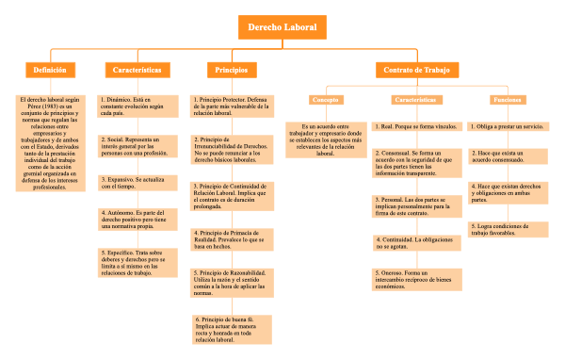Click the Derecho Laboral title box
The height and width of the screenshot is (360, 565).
pos(282,27)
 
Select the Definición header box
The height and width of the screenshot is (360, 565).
pos(50,71)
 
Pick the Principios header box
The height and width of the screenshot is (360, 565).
pos(232,71)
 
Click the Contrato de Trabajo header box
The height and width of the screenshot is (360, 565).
pos(417,71)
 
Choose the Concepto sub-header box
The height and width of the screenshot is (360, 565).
pos(325,100)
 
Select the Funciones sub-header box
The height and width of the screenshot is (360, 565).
pos(507,100)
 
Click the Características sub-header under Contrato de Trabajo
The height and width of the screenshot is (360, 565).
pos(414,100)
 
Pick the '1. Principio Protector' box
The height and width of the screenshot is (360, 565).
pos(232,106)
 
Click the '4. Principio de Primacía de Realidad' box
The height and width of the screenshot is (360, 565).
pos(232,239)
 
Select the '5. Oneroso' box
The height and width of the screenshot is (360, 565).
pos(414,279)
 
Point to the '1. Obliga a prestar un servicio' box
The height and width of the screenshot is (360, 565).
pos(507,125)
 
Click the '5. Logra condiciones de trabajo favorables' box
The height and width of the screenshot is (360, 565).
pos(507,231)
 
